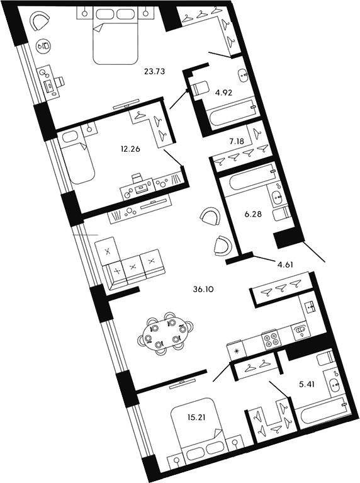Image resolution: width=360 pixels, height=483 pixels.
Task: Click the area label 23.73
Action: coord(154,72)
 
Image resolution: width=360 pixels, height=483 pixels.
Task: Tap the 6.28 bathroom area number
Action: coord(252,213)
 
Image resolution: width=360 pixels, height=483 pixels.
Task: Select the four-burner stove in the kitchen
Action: coord(271,341)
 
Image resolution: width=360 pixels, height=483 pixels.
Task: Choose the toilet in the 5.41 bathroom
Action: coord(325,361)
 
